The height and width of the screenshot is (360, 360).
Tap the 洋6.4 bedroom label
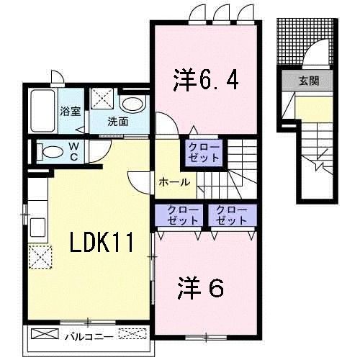[x=205, y=78]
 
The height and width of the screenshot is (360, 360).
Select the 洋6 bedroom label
[x=201, y=289]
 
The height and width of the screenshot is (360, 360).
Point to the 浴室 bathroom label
[x=69, y=112]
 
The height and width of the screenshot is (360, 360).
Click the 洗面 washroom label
[x=118, y=121]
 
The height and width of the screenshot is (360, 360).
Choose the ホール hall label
[x=174, y=181]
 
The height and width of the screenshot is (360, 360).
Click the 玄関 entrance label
[x=309, y=81]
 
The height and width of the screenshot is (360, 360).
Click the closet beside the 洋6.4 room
[x=205, y=151]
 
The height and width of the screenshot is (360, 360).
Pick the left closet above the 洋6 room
[x=175, y=215]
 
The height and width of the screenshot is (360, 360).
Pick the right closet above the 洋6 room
[x=230, y=215]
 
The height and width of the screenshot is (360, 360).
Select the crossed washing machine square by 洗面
[x=101, y=98]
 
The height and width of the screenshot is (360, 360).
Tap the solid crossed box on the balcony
[x=45, y=334]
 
